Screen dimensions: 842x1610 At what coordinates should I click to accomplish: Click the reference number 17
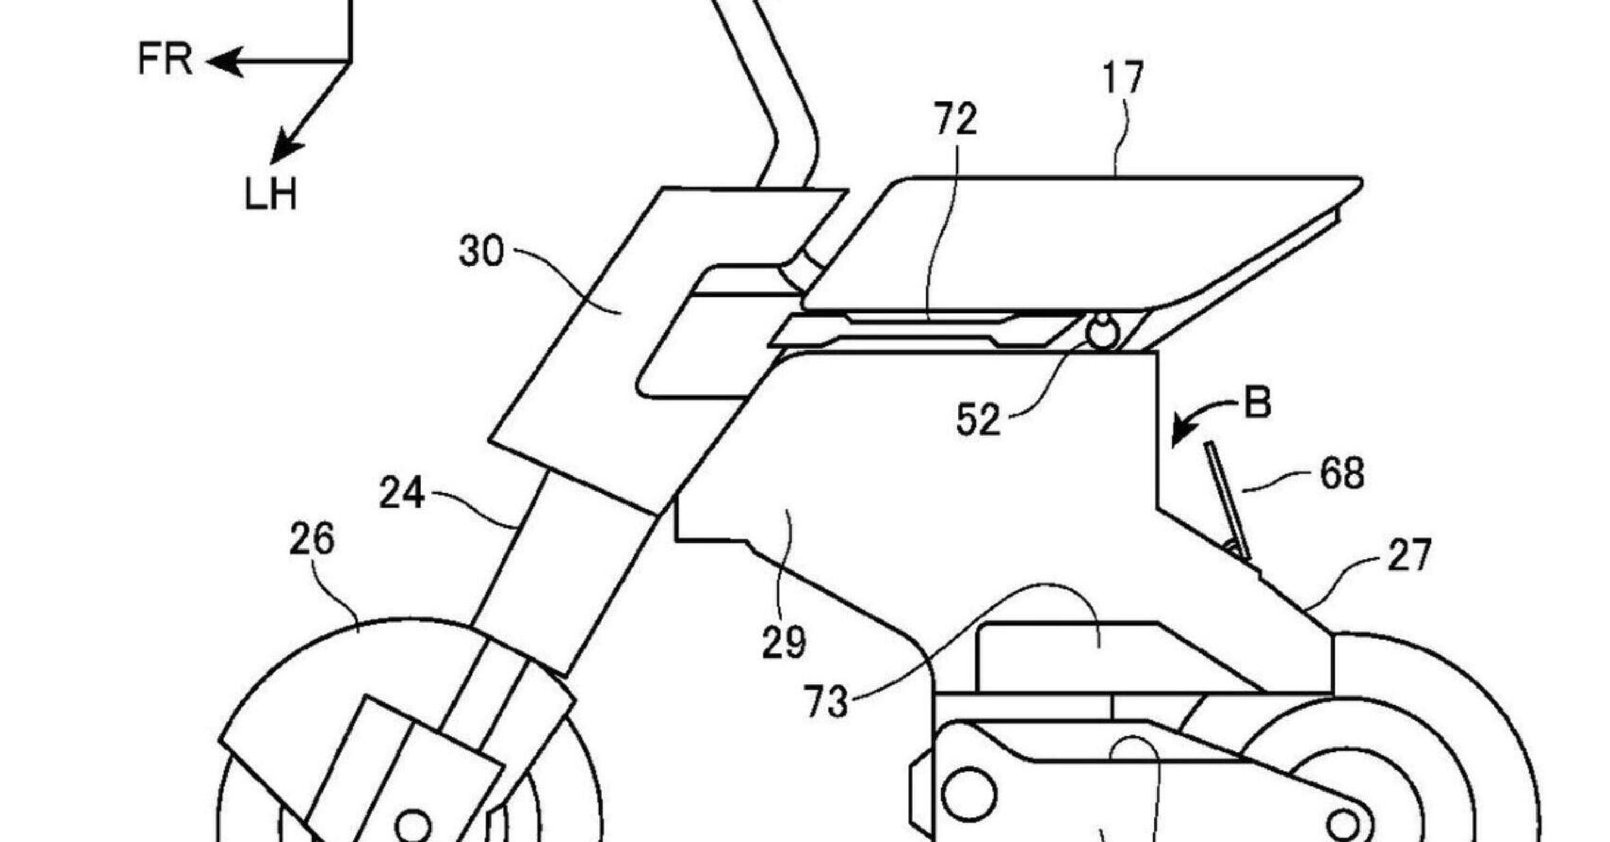click(1123, 78)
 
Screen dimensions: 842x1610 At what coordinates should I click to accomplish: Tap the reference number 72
click(955, 120)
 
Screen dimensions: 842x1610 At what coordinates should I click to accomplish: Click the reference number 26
click(312, 540)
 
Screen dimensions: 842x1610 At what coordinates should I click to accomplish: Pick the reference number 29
click(784, 642)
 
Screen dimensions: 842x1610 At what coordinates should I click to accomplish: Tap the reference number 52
click(978, 420)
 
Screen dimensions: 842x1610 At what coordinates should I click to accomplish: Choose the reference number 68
click(1342, 474)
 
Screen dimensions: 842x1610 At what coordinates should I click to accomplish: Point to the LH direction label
click(270, 194)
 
